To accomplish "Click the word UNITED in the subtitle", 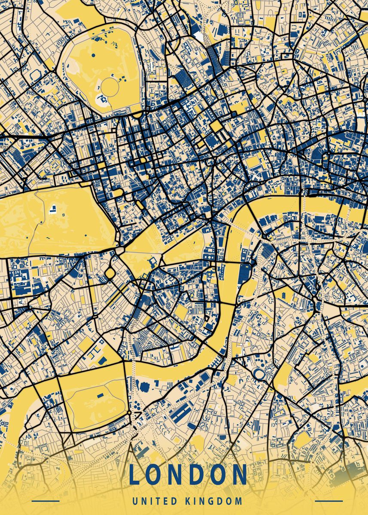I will (156, 501).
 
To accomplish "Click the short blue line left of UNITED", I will (46, 501).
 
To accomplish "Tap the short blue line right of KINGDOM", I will (329, 501).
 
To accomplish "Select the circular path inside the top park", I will (110, 87).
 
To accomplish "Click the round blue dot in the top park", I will (93, 55).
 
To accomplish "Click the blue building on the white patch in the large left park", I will (54, 209).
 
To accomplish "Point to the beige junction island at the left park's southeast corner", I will (119, 250).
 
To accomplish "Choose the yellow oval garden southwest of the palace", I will (110, 273).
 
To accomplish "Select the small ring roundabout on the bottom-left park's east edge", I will (129, 413).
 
